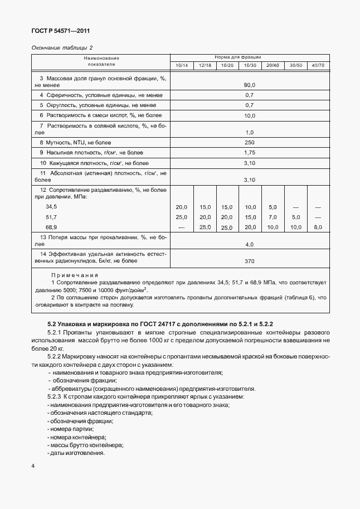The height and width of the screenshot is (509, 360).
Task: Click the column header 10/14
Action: pyautogui.click(x=182, y=66)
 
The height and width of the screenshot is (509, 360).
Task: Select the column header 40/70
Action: pyautogui.click(x=318, y=66)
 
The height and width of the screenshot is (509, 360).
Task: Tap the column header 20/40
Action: pyautogui.click(x=273, y=66)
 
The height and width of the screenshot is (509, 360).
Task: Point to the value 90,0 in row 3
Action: pyautogui.click(x=249, y=85)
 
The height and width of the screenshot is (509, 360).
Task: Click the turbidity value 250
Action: pyautogui.click(x=249, y=143)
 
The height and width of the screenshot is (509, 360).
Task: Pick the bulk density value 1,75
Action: pyautogui.click(x=249, y=153)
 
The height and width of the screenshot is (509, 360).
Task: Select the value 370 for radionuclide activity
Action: pyautogui.click(x=249, y=260)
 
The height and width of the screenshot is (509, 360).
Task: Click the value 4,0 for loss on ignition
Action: pyautogui.click(x=249, y=245)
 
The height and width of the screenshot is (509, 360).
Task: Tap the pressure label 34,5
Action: pyautogui.click(x=51, y=207)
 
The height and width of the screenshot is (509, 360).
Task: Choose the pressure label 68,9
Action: pyautogui.click(x=51, y=227)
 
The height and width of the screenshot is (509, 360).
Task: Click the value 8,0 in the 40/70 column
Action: pyautogui.click(x=318, y=227)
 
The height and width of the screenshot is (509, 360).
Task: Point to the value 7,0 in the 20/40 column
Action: pyautogui.click(x=273, y=217)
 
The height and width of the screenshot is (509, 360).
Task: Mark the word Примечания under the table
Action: pyautogui.click(x=75, y=275)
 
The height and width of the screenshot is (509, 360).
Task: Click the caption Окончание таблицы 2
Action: pyautogui.click(x=62, y=48)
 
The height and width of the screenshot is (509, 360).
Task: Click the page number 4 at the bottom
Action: pyautogui.click(x=33, y=466)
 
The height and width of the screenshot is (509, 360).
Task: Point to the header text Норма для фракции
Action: pyautogui.click(x=242, y=57)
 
